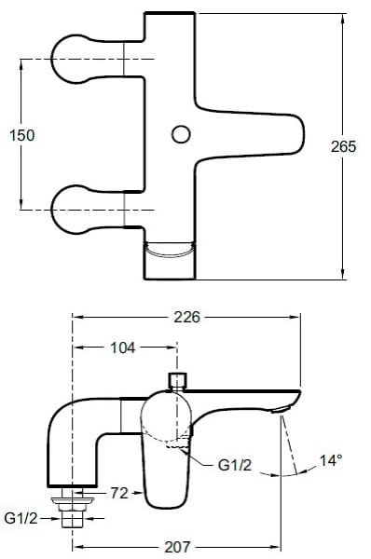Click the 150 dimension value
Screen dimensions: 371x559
click(x=22, y=135)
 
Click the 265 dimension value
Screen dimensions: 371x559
click(x=343, y=146)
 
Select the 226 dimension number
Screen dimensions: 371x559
click(x=187, y=317)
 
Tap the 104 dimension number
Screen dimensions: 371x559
click(x=123, y=348)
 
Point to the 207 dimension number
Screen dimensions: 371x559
click(x=177, y=547)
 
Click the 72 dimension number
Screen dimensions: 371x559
click(x=119, y=493)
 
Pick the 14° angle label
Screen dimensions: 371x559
click(x=330, y=460)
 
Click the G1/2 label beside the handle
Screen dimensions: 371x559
click(x=235, y=465)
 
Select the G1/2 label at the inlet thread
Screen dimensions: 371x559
click(x=21, y=518)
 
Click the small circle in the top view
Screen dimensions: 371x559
click(x=181, y=134)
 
